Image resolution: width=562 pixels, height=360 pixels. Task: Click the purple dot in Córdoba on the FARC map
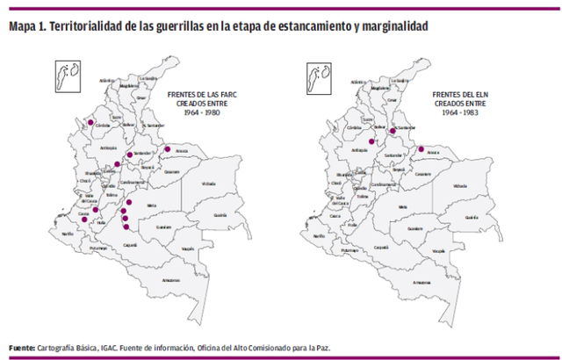tap(89, 122)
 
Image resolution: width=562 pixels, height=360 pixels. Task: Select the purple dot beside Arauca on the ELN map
tap(421, 148)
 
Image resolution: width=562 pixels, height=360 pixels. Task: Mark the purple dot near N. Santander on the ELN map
tap(393, 131)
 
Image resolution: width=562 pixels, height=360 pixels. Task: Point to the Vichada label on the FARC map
tap(208, 184)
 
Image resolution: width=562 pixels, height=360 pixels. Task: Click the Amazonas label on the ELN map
tap(421, 281)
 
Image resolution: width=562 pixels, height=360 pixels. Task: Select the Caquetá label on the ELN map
tap(380, 248)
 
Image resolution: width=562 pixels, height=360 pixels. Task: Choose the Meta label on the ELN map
tap(402, 206)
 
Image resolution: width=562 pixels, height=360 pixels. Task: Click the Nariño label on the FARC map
tap(68, 234)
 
